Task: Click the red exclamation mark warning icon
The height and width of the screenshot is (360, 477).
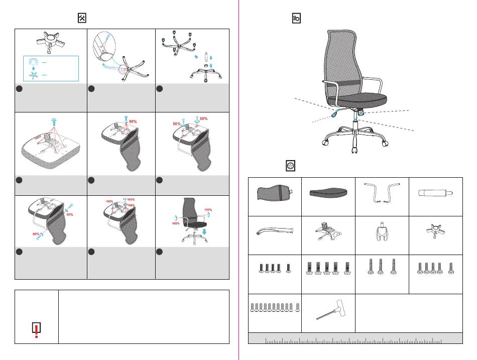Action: click(36, 329)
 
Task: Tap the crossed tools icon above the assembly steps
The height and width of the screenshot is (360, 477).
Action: click(83, 18)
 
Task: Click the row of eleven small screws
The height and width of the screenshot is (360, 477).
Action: click(274, 307)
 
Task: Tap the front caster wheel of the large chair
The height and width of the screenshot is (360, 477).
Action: click(354, 150)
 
